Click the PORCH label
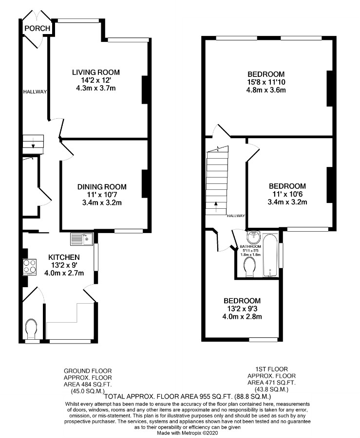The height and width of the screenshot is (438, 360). (x=37, y=28)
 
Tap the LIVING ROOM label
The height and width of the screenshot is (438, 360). (x=96, y=73)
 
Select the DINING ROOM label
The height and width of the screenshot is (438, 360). (x=102, y=186)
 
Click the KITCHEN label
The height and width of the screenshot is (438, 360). (x=64, y=257)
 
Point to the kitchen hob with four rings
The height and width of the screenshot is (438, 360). (x=30, y=266)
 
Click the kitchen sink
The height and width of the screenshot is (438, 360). (x=82, y=239)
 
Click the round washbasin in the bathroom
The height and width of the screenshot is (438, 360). (x=253, y=237)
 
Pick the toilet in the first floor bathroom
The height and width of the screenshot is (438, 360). (x=250, y=267)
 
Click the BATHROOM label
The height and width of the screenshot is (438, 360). (x=250, y=246)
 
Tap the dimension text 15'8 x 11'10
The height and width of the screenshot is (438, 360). (x=266, y=82)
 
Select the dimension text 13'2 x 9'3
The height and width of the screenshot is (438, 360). (x=242, y=309)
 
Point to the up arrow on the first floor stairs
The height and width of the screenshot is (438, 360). (x=216, y=207)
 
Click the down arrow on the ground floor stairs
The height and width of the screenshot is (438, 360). (x=33, y=143)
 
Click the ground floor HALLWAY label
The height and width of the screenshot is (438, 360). (x=35, y=91)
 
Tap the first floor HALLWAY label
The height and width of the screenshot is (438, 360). (x=236, y=216)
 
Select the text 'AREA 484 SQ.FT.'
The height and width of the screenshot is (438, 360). (x=88, y=384)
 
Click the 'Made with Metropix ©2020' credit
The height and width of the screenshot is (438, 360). (x=187, y=433)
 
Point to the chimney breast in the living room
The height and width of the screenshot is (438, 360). (x=145, y=90)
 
